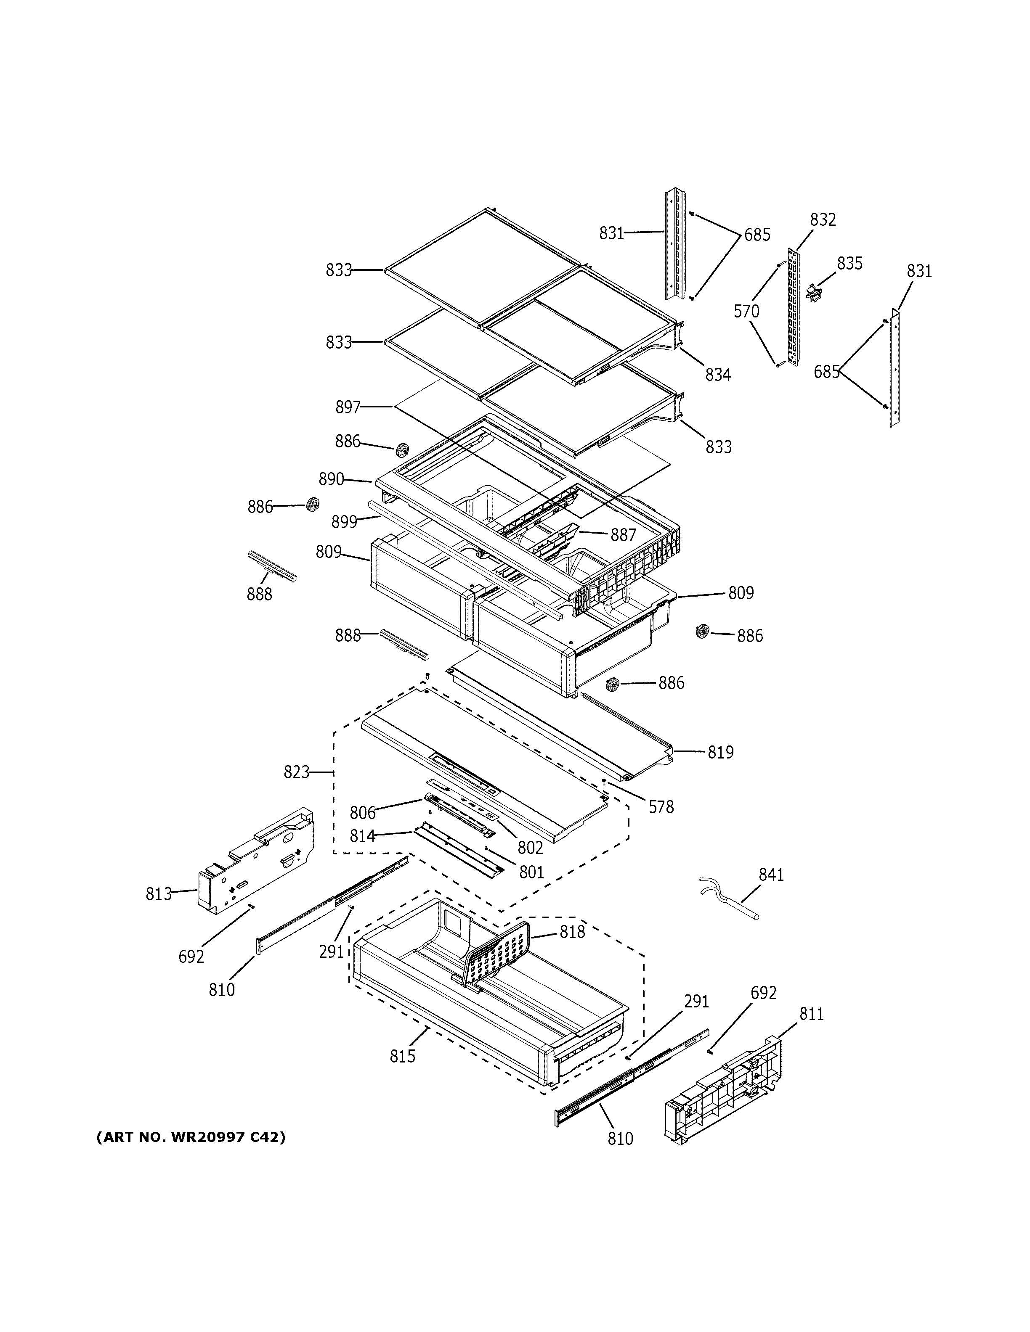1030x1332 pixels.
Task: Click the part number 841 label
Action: click(771, 875)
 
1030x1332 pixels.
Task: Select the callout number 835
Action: click(849, 264)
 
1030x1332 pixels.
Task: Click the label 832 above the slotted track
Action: click(823, 219)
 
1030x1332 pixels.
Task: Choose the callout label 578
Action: click(661, 807)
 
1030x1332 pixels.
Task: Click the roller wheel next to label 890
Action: click(402, 451)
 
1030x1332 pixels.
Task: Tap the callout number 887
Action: click(623, 535)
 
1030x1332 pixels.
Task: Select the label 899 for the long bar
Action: click(344, 522)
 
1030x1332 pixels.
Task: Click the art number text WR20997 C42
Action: click(190, 1137)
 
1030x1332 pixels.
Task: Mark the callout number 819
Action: click(721, 753)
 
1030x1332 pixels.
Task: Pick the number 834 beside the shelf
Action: click(717, 375)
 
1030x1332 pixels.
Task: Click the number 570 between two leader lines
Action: click(746, 312)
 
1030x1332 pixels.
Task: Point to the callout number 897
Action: click(348, 407)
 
